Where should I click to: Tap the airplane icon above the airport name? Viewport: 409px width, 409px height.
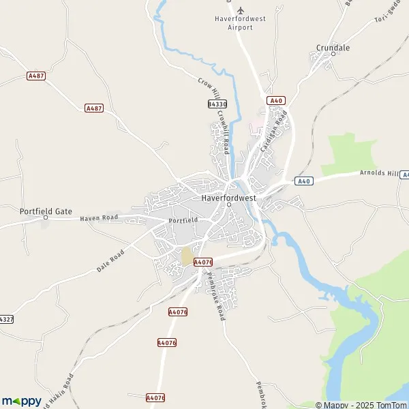240,10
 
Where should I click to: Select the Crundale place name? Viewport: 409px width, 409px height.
333,48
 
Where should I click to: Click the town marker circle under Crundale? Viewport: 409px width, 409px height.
333,57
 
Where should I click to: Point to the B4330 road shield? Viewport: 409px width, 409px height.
217,104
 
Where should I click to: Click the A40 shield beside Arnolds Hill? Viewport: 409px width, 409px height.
304,181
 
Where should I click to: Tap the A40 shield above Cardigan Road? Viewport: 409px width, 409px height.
275,100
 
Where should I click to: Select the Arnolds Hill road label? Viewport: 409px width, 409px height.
379,174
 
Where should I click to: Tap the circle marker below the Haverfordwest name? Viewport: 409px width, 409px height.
229,204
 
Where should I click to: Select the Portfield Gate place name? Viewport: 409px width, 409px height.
46,211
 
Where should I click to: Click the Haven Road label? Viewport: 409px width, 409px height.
99,218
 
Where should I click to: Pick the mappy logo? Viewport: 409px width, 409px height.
21,401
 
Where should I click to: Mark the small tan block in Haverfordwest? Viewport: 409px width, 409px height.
186,256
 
